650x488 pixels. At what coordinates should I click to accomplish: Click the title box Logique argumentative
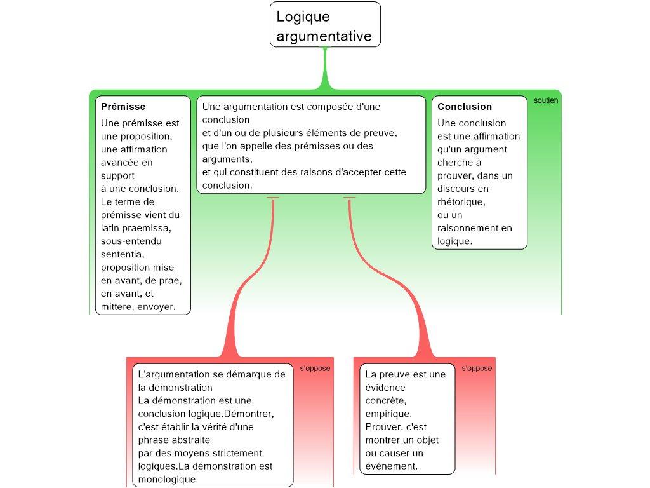[325, 25]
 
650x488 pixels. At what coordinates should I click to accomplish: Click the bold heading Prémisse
[123, 107]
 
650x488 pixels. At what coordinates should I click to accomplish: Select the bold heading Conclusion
[465, 107]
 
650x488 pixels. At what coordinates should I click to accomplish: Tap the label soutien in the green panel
[546, 100]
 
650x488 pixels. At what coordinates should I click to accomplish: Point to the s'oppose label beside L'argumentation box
[315, 369]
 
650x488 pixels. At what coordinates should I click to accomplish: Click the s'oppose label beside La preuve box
[477, 369]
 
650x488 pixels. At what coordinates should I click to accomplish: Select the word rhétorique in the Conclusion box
[460, 202]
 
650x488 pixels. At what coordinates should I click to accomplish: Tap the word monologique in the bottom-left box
[166, 480]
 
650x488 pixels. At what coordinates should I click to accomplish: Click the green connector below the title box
[326, 70]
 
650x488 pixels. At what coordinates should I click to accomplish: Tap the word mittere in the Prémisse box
[117, 307]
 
